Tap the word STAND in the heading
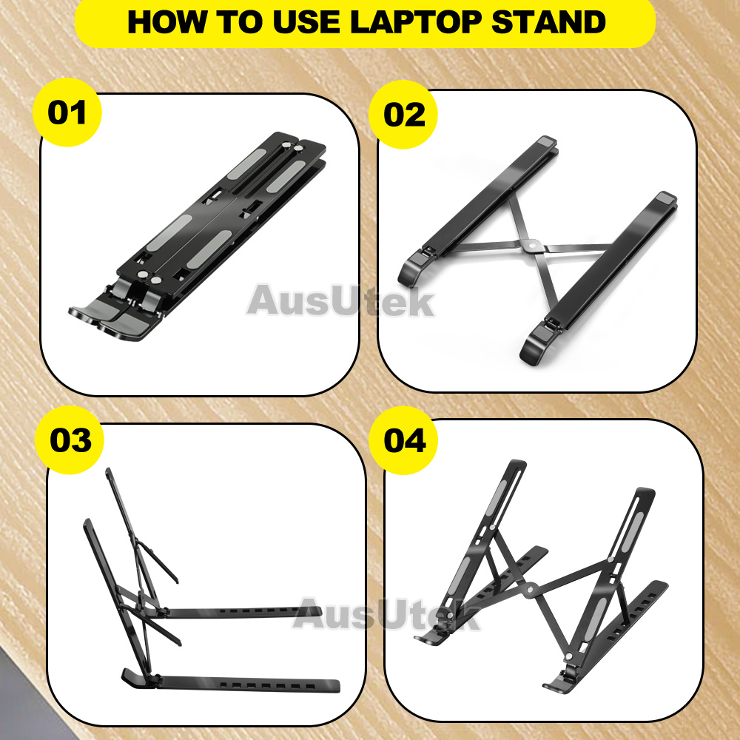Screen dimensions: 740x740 (549, 22)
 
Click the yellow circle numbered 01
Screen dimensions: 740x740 (67, 112)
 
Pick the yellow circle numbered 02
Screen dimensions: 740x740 (403, 115)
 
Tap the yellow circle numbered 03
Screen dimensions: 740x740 (70, 440)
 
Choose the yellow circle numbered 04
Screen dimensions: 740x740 (403, 440)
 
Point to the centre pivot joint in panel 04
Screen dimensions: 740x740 (530, 589)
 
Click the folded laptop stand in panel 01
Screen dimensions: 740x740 (198, 236)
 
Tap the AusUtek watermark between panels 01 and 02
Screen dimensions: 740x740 (340, 300)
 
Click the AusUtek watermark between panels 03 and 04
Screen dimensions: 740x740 (386, 613)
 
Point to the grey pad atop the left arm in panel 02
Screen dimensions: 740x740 (547, 141)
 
